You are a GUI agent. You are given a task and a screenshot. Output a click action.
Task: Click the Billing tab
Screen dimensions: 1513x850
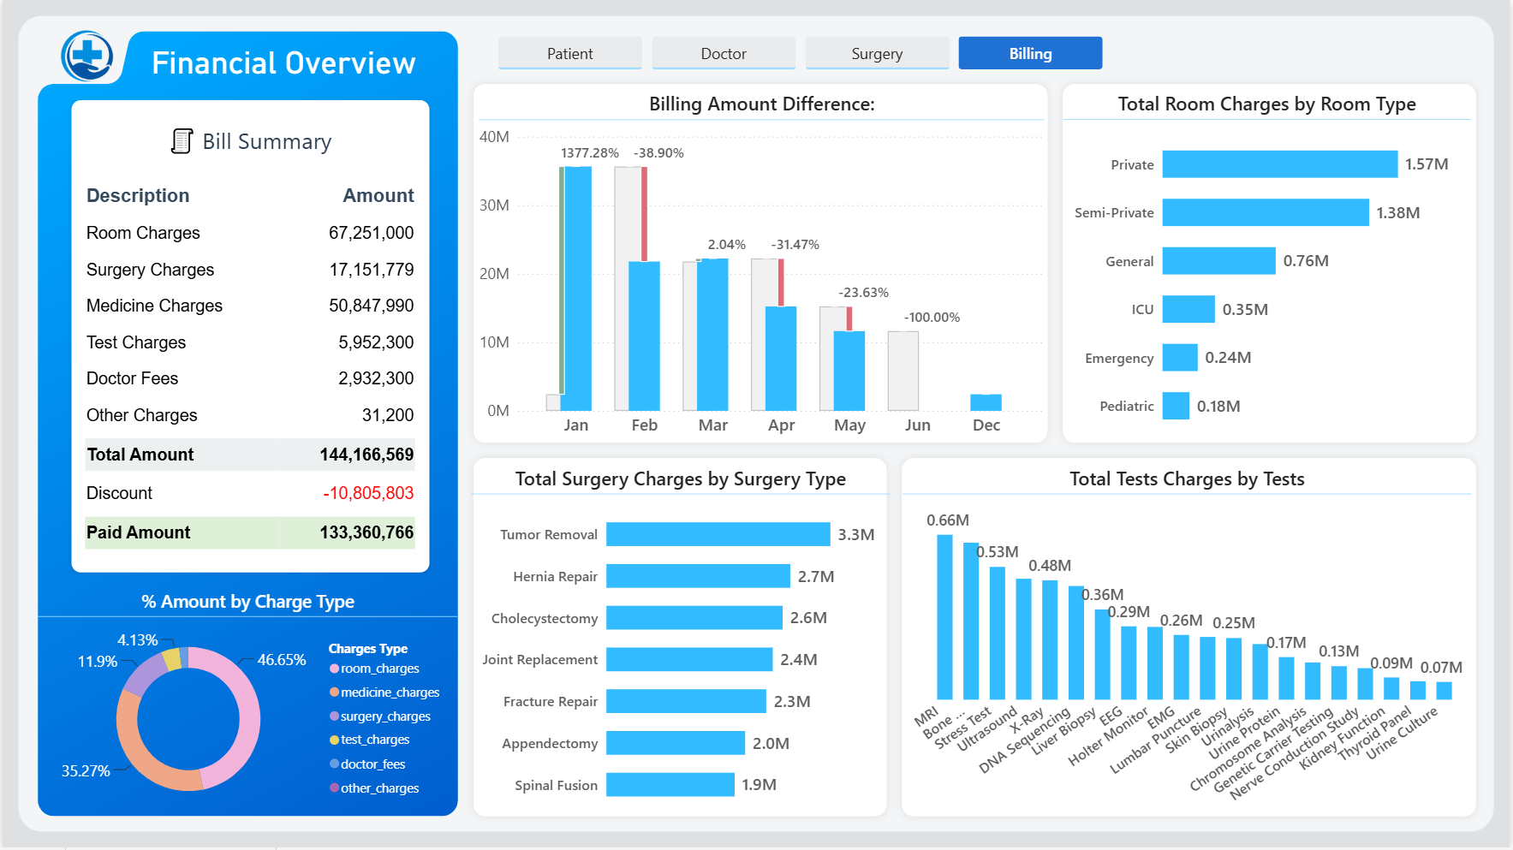coord(1030,53)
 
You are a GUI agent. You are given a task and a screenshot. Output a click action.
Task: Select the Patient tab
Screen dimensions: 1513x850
coord(570,53)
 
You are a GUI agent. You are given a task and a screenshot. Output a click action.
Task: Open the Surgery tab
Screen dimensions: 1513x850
coord(877,53)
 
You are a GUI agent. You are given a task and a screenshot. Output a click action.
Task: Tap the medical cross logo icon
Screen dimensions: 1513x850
coord(87,56)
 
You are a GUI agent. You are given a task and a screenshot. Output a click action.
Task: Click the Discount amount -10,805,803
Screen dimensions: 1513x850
coord(368,493)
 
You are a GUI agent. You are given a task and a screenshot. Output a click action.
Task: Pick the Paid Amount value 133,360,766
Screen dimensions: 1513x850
coord(366,532)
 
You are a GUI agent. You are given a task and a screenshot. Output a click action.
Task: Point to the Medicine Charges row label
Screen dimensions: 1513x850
coord(154,306)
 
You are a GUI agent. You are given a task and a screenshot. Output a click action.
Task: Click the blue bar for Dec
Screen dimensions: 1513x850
coord(986,402)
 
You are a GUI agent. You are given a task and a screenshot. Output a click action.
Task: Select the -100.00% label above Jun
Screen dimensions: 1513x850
coord(932,318)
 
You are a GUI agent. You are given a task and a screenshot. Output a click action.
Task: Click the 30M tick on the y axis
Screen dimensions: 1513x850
coord(494,205)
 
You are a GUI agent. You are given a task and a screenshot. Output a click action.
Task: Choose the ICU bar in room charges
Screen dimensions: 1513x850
coord(1188,309)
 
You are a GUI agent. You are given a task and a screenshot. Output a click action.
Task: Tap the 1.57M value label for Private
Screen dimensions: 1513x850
coord(1427,164)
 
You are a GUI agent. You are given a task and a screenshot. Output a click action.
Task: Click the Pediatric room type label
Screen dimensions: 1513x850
coord(1127,407)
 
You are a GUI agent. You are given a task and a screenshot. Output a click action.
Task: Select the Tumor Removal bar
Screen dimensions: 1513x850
coord(718,534)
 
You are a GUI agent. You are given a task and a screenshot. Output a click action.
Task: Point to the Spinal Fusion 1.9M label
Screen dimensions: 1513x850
coord(759,785)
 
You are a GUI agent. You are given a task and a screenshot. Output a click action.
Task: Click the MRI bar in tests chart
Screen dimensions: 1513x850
coord(944,617)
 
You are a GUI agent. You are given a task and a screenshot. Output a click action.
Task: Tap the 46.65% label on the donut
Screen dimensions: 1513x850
coord(282,660)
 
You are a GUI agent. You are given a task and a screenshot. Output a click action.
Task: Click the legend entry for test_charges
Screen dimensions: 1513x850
coord(370,740)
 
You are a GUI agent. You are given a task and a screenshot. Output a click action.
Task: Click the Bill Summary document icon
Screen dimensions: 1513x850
coord(182,141)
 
